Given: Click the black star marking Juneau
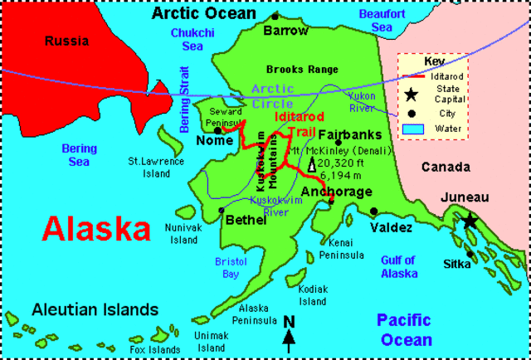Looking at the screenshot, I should (x=470, y=221).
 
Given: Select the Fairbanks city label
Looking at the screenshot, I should (x=349, y=134).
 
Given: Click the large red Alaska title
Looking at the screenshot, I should (x=97, y=227).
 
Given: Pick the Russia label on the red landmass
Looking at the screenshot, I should (x=66, y=40).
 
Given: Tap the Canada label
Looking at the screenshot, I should (x=446, y=168).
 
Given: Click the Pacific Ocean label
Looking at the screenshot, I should (x=406, y=329).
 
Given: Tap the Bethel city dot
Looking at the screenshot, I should (x=221, y=210).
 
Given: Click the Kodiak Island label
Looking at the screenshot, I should (x=314, y=294).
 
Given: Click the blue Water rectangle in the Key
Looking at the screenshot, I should (x=411, y=129).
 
